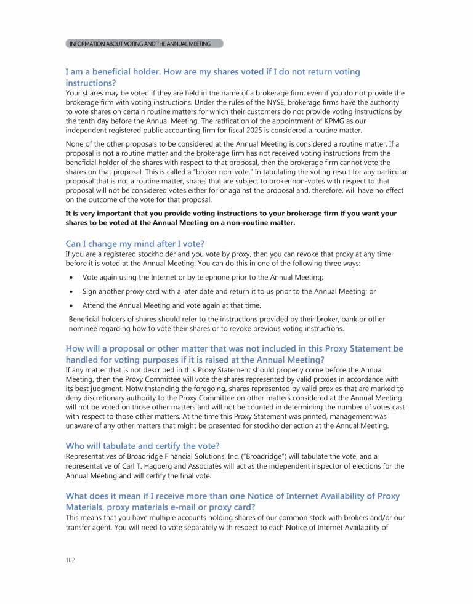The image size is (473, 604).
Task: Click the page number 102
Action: [69, 560]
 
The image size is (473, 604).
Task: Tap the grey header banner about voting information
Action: [144, 44]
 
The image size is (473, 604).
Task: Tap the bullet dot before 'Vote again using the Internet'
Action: [71, 278]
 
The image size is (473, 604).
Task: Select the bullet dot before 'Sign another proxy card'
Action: [71, 292]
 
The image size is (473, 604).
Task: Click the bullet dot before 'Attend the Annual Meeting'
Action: [71, 305]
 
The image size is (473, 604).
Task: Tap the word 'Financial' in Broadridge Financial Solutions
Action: [194, 457]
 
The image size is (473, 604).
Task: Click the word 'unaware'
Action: [80, 425]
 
